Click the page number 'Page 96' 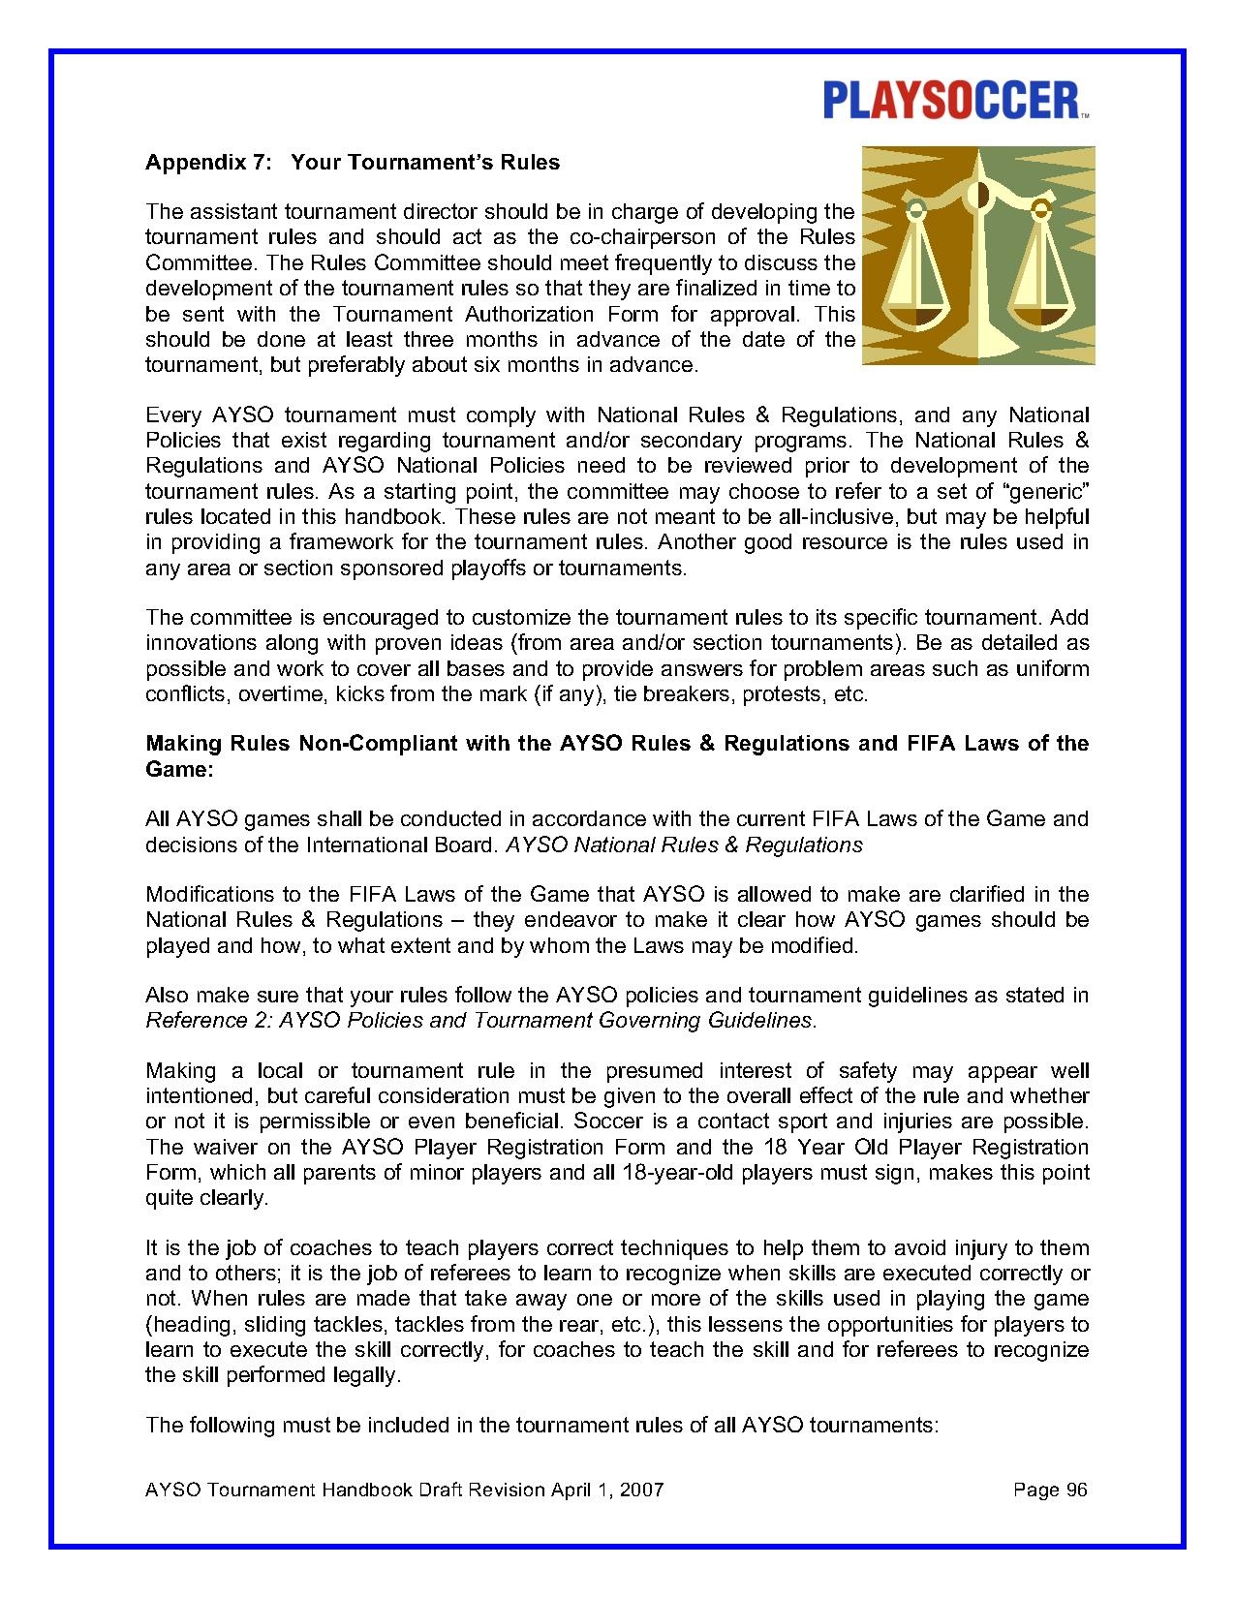click(x=1050, y=1490)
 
